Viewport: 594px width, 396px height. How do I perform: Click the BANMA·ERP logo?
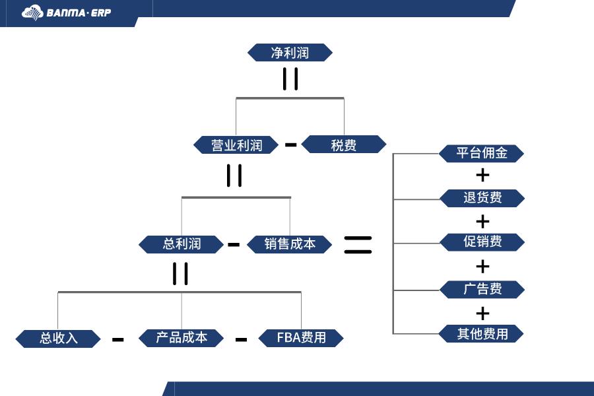(x=67, y=13)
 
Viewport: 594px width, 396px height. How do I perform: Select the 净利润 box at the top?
(x=290, y=53)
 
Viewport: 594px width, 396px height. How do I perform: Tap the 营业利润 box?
(x=236, y=145)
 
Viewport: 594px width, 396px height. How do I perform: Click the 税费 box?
(x=344, y=145)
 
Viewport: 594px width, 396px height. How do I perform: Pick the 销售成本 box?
(x=290, y=244)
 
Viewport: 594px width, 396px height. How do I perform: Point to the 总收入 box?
(x=58, y=339)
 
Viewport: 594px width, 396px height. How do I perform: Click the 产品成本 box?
(x=181, y=338)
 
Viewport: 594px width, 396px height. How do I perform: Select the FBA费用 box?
(x=301, y=338)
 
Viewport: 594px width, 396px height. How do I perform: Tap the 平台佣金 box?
(x=482, y=154)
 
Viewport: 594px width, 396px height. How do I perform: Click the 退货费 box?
(x=482, y=198)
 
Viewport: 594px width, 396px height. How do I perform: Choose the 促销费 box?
(x=482, y=242)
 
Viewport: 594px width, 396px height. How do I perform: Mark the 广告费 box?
(x=482, y=289)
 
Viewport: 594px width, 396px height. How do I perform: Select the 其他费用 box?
(x=482, y=334)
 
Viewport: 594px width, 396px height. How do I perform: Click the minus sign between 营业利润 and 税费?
(x=290, y=145)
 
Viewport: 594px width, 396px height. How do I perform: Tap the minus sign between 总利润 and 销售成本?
(x=234, y=244)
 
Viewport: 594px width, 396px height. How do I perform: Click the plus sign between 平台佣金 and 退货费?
(x=483, y=175)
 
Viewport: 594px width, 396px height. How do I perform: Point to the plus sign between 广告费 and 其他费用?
(x=483, y=312)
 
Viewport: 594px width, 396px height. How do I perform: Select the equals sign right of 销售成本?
(x=358, y=244)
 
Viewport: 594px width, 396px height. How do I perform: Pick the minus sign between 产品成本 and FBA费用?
(x=242, y=339)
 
